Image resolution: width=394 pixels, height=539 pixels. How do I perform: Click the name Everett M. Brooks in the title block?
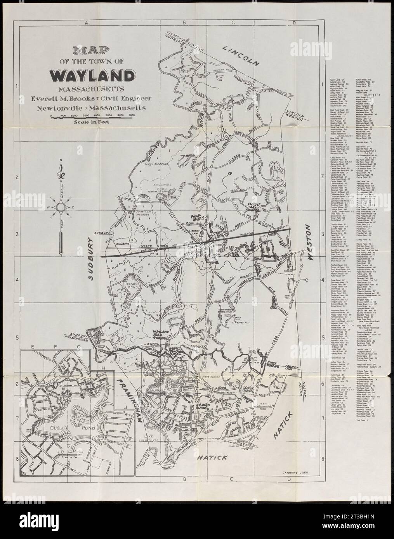pos(77,98)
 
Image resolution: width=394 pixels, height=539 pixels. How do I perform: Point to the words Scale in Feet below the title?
pos(93,123)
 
